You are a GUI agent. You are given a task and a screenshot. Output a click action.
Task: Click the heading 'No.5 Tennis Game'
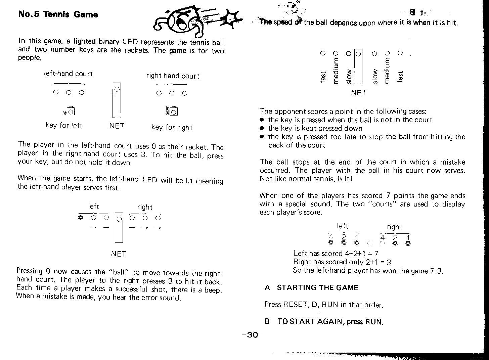coord(58,14)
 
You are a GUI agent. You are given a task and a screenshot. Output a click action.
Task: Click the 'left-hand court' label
coord(68,74)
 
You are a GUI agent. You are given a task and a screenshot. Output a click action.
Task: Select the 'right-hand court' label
coord(173,76)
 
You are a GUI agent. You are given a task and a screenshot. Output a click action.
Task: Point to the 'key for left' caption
coord(64,126)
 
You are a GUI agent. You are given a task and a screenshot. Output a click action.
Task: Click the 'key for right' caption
coord(172,127)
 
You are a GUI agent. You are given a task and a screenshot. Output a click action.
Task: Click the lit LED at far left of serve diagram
coord(80,218)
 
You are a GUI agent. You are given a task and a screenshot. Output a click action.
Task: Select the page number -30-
coord(253,335)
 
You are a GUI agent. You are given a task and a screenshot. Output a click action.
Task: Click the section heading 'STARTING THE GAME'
coord(317,287)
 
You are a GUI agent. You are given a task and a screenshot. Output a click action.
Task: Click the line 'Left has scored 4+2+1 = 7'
coord(336,254)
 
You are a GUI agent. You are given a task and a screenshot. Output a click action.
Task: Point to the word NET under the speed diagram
coord(358,92)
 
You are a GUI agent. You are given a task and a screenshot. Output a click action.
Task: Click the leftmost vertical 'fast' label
coord(323,77)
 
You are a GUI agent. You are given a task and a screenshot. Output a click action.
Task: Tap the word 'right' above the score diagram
coord(394,227)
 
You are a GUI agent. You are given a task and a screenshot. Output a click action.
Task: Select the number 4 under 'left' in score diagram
coord(331,236)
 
